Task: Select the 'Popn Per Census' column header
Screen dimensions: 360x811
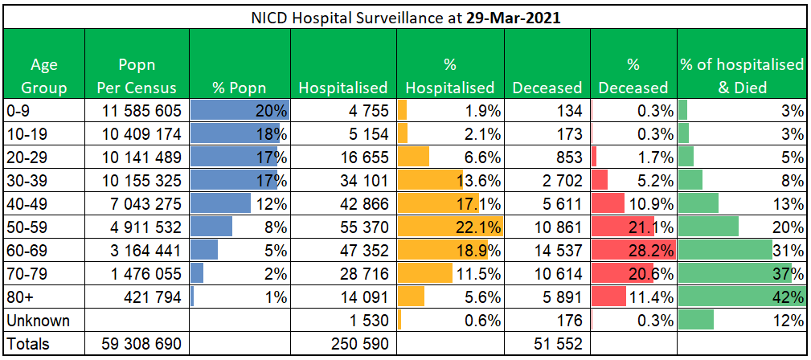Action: point(137,76)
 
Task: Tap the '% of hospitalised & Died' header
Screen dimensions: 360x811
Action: point(742,76)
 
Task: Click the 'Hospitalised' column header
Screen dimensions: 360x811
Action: point(343,87)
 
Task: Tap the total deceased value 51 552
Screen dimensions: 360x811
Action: point(551,344)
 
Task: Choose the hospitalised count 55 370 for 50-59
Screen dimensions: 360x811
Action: point(357,227)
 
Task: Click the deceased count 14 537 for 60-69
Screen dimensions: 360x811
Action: point(551,251)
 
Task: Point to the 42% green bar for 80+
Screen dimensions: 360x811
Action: point(739,297)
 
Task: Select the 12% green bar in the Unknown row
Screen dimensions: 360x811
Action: point(696,321)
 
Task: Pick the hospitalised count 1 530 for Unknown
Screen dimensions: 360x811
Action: point(365,321)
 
